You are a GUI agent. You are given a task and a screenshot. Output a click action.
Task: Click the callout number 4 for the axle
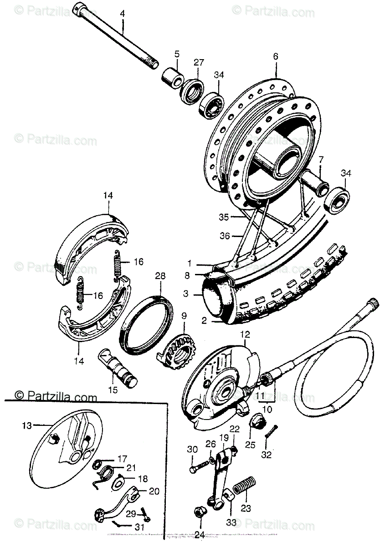122,14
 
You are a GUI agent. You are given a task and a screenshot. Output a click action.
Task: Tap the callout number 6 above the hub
275,57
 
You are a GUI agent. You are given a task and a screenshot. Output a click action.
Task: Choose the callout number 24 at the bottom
199,535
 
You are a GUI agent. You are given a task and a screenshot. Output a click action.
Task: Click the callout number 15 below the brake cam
113,389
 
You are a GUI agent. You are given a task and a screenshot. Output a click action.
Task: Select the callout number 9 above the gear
184,315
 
